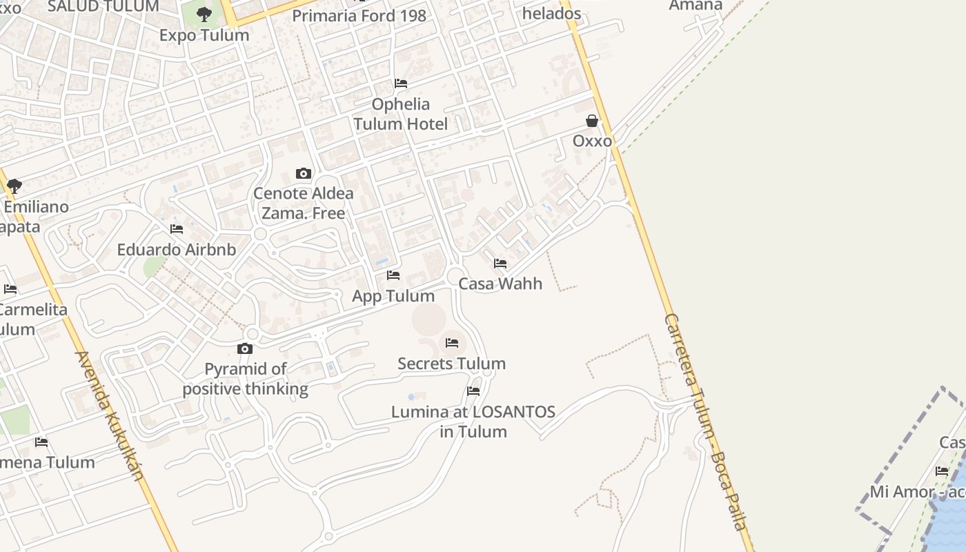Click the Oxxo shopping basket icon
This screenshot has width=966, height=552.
(592, 121)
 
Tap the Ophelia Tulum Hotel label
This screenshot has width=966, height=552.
(400, 115)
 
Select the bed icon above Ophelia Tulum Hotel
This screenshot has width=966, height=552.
(400, 83)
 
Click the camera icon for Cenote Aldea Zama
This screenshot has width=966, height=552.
(304, 173)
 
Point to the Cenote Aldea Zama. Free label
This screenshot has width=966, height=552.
(304, 204)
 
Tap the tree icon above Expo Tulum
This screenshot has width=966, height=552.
(204, 14)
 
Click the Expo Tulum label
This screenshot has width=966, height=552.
(204, 35)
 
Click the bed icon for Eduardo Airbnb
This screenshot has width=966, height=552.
(177, 229)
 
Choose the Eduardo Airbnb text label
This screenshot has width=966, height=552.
(177, 250)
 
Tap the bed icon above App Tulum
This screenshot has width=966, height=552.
(393, 275)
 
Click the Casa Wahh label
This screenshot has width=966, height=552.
(500, 284)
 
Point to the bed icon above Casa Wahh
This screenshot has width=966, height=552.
(500, 264)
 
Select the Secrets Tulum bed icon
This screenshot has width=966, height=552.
(452, 343)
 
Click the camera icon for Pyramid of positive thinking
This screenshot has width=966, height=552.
(245, 349)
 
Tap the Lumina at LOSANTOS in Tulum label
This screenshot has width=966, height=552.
(473, 422)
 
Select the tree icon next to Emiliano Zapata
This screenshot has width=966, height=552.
(14, 186)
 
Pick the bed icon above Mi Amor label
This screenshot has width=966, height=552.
(942, 472)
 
